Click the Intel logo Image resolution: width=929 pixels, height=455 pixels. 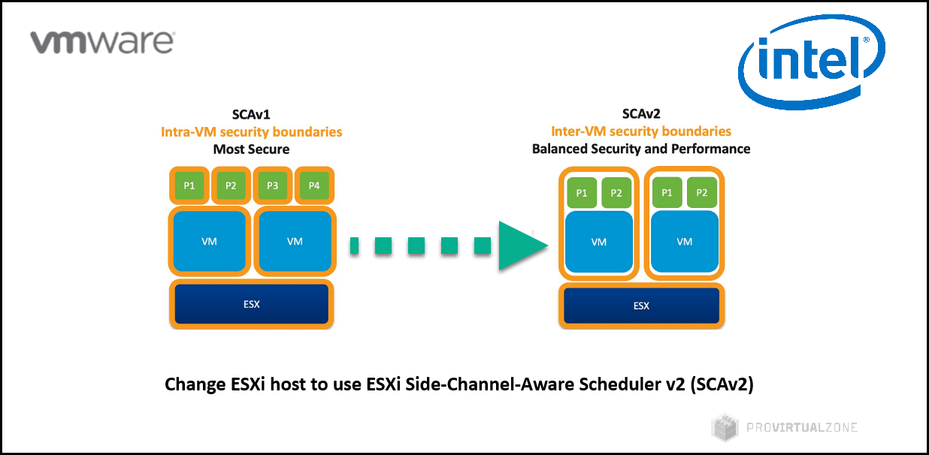[x=810, y=63]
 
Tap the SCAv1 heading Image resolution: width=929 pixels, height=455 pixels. [x=251, y=114]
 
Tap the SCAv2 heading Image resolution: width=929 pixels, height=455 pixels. [x=640, y=113]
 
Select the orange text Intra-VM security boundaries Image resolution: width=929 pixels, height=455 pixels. [x=251, y=132]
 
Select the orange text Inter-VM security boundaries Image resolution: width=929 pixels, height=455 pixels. [x=640, y=131]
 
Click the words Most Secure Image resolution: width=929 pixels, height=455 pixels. [x=251, y=149]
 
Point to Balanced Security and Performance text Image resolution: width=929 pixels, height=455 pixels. [x=640, y=149]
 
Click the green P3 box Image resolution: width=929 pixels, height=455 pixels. [x=272, y=185]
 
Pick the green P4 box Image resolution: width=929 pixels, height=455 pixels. [x=313, y=185]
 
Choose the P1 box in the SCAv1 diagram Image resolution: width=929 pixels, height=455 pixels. [x=189, y=185]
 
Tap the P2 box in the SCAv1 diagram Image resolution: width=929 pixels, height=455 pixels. [x=231, y=185]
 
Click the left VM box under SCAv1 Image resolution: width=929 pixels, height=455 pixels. [x=210, y=242]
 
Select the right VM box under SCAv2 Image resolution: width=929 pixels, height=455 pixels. [x=684, y=242]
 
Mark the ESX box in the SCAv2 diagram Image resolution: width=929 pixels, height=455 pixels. [x=641, y=306]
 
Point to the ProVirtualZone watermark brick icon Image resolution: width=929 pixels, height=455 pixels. [x=725, y=427]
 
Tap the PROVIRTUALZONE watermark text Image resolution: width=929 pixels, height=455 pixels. [x=802, y=427]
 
